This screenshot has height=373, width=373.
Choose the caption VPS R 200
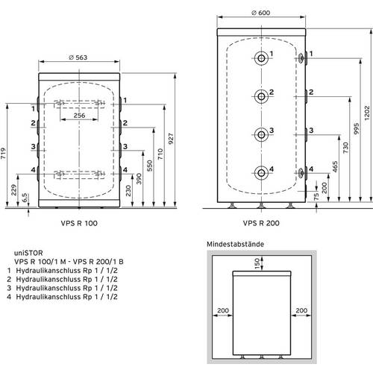click(x=261, y=223)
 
